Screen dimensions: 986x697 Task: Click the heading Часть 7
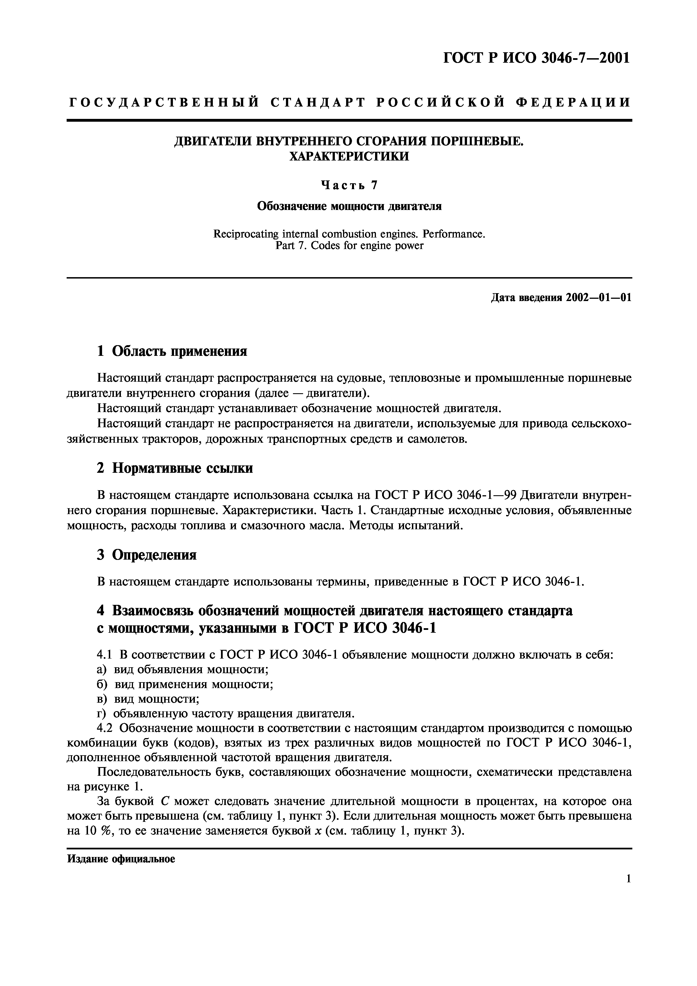click(x=349, y=185)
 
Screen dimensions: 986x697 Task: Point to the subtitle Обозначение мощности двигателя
click(x=349, y=207)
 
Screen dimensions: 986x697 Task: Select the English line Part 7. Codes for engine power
click(x=349, y=246)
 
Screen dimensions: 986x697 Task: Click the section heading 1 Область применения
click(x=172, y=351)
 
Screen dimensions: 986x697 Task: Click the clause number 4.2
click(x=106, y=728)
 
